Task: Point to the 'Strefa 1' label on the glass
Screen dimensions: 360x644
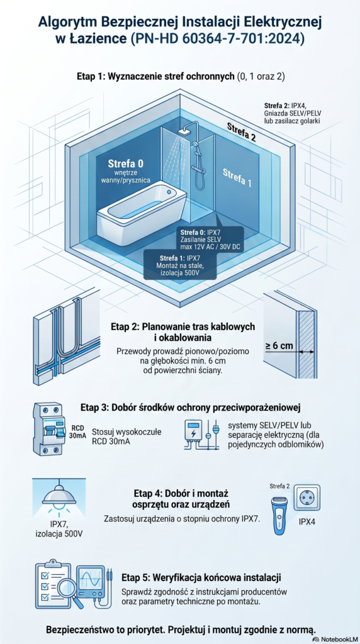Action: pos(237,178)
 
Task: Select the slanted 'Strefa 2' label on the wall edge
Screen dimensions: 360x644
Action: pos(242,131)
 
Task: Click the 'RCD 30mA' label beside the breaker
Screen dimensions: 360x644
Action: pos(77,432)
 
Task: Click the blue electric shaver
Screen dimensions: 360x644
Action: pos(280,516)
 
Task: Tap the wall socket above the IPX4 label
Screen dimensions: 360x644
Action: pos(307,497)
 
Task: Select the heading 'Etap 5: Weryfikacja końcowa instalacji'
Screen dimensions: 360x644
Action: pos(201,577)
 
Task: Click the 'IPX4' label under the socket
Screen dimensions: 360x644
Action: pos(307,523)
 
